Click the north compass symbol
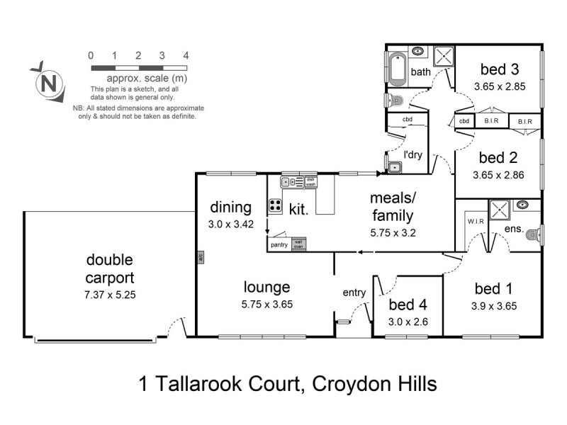49,81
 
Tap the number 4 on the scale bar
186,55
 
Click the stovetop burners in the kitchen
275,206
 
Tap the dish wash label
310,182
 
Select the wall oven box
298,244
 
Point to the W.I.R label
474,220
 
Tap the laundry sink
394,167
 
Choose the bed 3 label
499,69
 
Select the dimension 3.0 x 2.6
408,321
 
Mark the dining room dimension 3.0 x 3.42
231,225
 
